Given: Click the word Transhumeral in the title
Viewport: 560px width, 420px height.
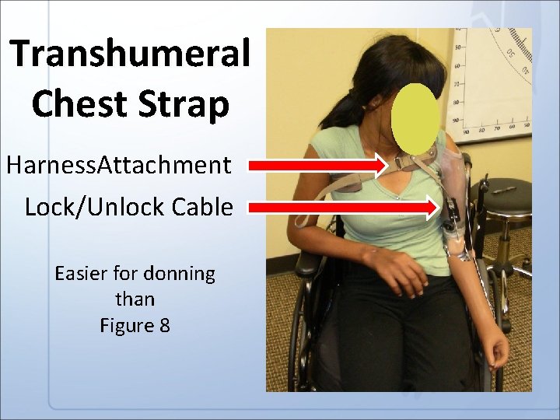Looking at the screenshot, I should point(131,54).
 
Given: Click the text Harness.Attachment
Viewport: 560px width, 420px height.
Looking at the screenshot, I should point(118,165).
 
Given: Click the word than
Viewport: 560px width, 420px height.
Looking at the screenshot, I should point(135,299).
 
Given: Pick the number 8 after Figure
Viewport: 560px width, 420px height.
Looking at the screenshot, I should point(163,324).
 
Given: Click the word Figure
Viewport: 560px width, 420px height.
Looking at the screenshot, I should point(127,325).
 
